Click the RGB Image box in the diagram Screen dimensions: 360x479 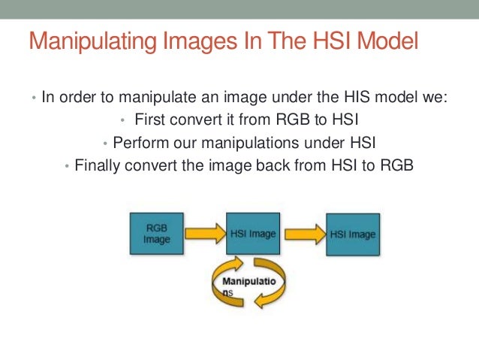157,234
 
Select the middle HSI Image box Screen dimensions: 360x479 252,234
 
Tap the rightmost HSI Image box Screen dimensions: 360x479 352,234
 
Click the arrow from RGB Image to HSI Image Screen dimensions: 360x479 204,234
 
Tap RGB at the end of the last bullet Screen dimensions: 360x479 399,166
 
